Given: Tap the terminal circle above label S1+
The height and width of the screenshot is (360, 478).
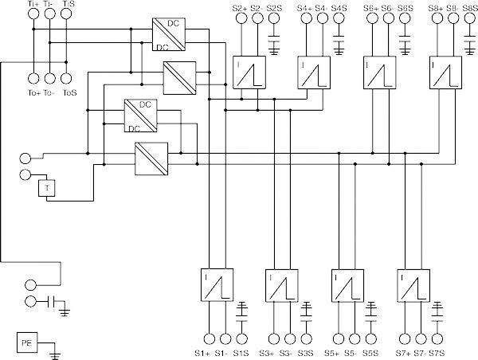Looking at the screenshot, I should point(209,336).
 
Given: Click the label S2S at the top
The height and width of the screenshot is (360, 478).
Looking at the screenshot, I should point(275,8).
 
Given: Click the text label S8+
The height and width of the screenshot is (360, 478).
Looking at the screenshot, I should point(437,8).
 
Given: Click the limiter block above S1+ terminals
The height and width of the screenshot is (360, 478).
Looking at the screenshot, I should point(215,286).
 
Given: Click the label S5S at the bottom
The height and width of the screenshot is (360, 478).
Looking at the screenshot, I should point(370,352).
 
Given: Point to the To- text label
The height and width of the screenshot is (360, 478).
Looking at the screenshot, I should point(49,93).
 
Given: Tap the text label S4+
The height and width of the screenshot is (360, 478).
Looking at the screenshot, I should point(304,8).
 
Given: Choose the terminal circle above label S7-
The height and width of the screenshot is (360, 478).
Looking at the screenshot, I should point(421,336).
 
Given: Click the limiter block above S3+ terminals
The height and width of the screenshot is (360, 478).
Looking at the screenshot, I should point(280,286).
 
